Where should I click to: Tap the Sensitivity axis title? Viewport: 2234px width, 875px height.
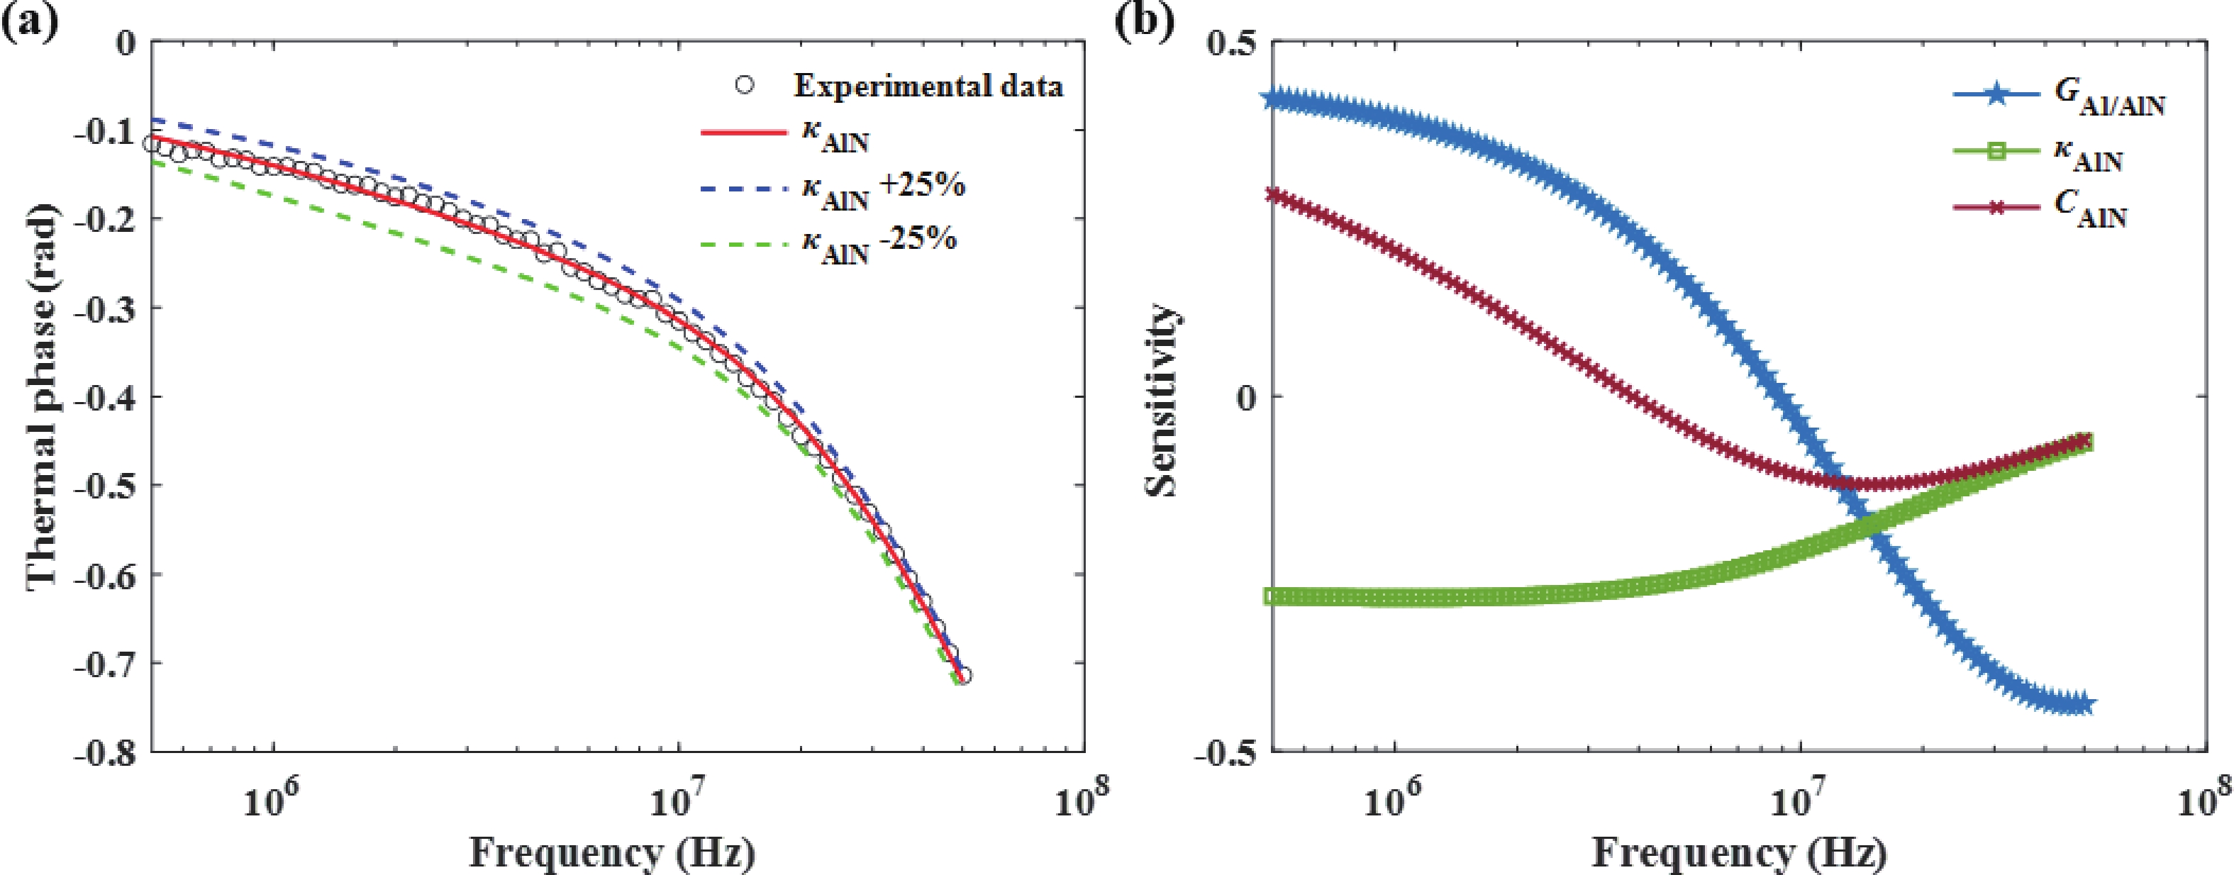point(1162,399)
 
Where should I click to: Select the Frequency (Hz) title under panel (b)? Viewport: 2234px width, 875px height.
point(1738,854)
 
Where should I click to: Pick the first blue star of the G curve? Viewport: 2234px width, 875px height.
point(1272,99)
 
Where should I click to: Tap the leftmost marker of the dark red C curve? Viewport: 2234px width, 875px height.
point(1272,194)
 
